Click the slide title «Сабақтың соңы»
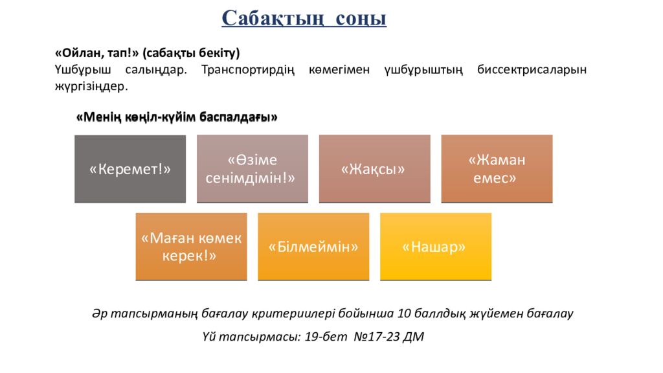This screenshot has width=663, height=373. pyautogui.click(x=304, y=18)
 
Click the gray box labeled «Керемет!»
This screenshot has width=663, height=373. pyautogui.click(x=129, y=169)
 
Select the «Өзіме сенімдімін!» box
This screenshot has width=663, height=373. pyautogui.click(x=252, y=168)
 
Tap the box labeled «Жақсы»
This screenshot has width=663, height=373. pyautogui.click(x=374, y=169)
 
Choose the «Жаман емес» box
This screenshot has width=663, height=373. pyautogui.click(x=497, y=168)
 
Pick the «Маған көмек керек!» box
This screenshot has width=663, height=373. pyautogui.click(x=191, y=247)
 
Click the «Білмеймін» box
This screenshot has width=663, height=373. pyautogui.click(x=313, y=247)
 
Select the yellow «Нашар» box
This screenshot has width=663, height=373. pyautogui.click(x=435, y=247)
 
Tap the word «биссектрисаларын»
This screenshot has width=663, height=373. pyautogui.click(x=532, y=69)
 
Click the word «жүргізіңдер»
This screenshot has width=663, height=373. pyautogui.click(x=91, y=85)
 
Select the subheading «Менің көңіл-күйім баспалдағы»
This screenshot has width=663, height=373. pyautogui.click(x=177, y=117)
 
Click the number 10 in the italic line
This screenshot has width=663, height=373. pyautogui.click(x=405, y=313)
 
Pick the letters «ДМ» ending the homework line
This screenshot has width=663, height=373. pyautogui.click(x=413, y=337)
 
